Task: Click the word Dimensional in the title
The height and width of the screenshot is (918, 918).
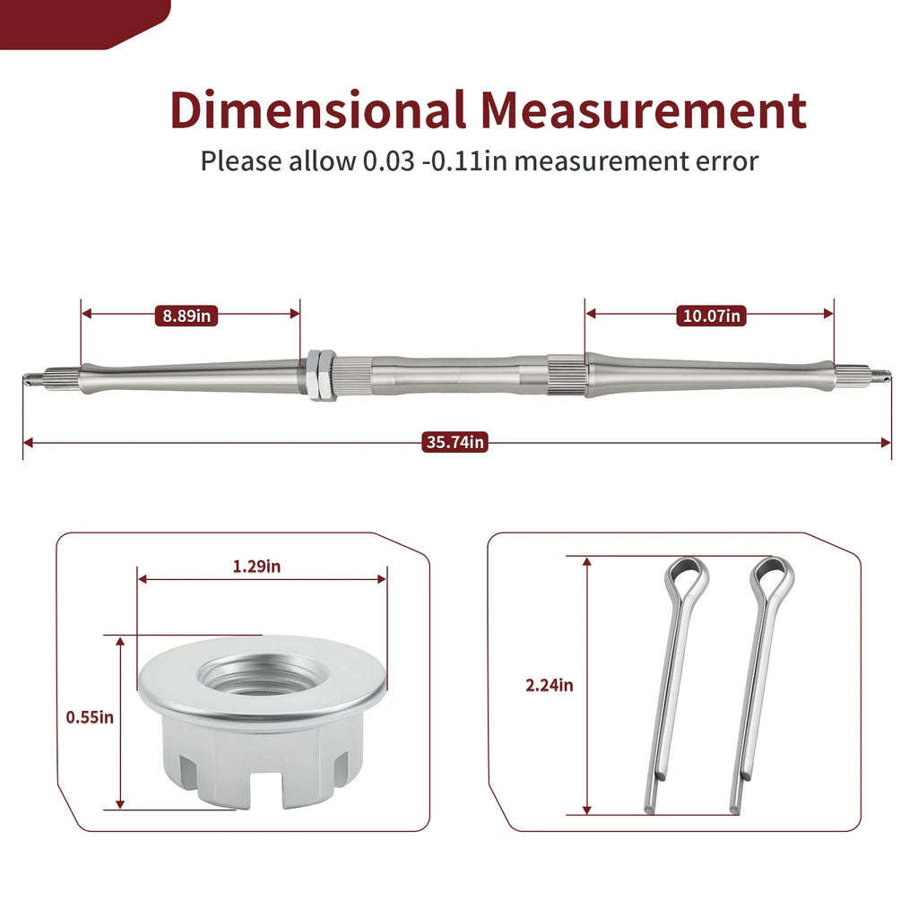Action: click(x=317, y=109)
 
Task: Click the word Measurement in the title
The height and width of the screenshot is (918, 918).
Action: click(x=644, y=109)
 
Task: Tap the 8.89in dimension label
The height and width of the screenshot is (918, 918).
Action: click(x=186, y=316)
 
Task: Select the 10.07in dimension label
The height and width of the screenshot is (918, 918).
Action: click(x=711, y=316)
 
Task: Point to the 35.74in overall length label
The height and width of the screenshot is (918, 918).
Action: click(x=455, y=441)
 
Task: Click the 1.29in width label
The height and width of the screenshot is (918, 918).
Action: click(x=256, y=567)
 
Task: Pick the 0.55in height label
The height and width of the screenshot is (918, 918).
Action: click(x=90, y=717)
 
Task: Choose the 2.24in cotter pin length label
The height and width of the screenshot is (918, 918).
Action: click(x=550, y=685)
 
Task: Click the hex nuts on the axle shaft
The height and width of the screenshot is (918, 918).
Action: click(x=320, y=375)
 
